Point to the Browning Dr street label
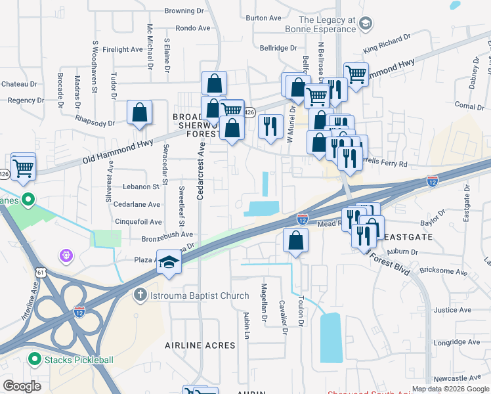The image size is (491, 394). [x=184, y=11]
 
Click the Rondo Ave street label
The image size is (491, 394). [x=192, y=28]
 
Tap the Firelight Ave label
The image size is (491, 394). [x=123, y=49]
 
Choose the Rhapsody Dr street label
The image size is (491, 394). [x=95, y=123]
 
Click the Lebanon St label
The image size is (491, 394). [x=141, y=186]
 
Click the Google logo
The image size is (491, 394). [x=22, y=385]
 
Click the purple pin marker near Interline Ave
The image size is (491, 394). [x=64, y=254]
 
